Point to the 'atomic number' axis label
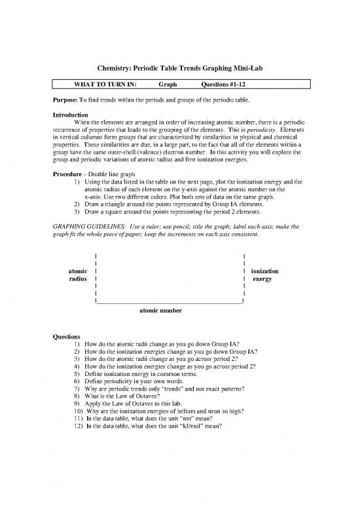tap(161, 310)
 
